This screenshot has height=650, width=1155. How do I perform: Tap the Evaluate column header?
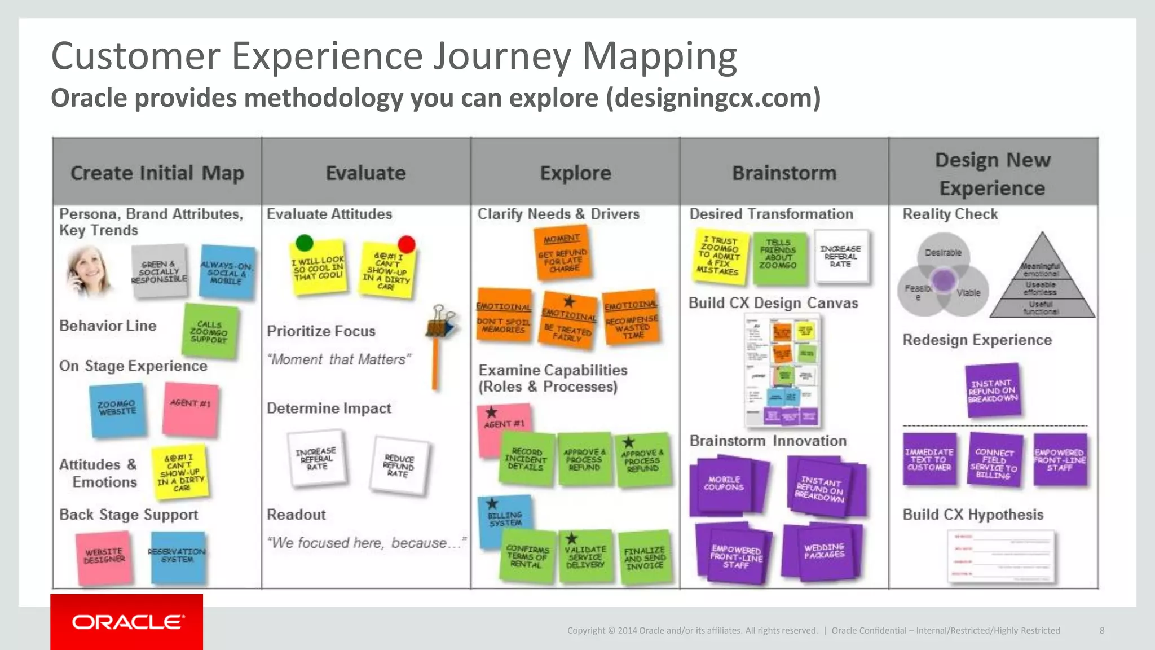coord(365,173)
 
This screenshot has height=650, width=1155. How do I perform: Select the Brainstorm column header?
coord(784,173)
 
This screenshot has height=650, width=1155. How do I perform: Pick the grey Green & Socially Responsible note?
coord(159,271)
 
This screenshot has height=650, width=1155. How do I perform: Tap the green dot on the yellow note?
coord(304,243)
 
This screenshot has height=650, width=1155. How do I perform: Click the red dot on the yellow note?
coord(406,244)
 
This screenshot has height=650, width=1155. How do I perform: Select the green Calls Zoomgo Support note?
coord(210,332)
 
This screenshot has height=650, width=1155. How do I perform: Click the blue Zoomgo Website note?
coord(117,409)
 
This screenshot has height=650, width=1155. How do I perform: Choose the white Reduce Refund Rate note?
coord(399,465)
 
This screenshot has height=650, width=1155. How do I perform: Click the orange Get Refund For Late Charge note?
coord(562,254)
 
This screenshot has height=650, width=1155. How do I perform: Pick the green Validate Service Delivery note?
coord(585,556)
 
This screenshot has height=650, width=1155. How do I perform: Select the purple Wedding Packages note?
coord(824,552)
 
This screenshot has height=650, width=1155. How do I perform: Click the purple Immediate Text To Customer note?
coord(929,459)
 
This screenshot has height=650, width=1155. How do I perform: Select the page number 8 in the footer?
coord(1102,630)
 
